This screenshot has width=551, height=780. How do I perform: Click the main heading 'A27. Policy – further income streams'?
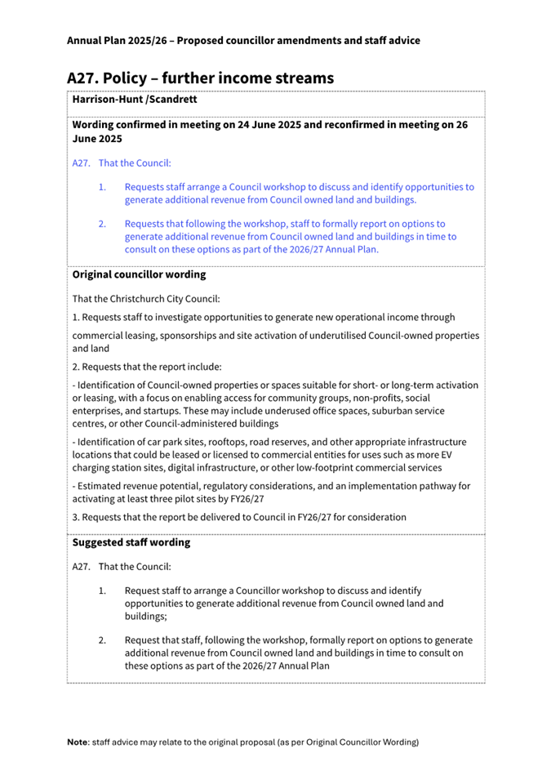[x=200, y=78]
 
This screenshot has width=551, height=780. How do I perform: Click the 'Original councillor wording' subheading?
[x=139, y=274]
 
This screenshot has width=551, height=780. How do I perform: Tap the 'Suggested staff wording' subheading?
[x=131, y=542]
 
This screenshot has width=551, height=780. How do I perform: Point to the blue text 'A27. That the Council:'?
[x=122, y=163]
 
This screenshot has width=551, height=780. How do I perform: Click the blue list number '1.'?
[x=103, y=187]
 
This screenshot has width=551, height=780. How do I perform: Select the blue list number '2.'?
[x=103, y=223]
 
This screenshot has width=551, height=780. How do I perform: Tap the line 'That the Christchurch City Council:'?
[x=146, y=297]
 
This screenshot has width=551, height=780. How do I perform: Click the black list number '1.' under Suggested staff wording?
[x=103, y=591]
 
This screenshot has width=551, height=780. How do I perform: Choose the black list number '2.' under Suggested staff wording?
[x=103, y=640]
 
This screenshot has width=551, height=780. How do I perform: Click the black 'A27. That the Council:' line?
[x=122, y=566]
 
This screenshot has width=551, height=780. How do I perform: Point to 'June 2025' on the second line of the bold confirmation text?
[x=97, y=140]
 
